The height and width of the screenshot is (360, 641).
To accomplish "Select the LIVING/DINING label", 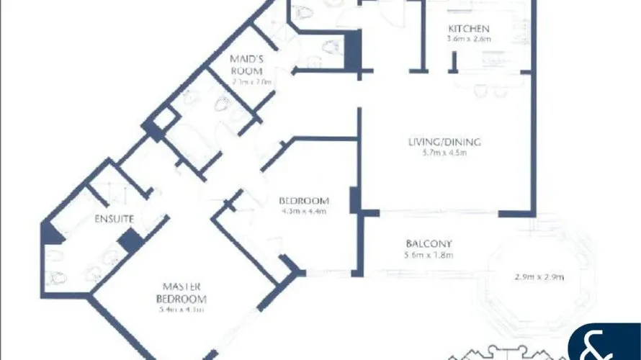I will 443,141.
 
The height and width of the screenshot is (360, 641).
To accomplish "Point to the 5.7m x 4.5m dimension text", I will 444,153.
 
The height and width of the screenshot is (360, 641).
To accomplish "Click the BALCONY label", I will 428,244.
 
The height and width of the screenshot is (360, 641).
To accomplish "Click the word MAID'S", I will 246,58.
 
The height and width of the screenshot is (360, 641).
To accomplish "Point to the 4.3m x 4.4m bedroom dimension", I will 304,212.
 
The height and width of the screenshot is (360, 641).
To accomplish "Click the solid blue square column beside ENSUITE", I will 130,241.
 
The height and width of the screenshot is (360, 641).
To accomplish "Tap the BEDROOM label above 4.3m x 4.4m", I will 304,200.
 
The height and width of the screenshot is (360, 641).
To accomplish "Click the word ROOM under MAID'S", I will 242,71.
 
